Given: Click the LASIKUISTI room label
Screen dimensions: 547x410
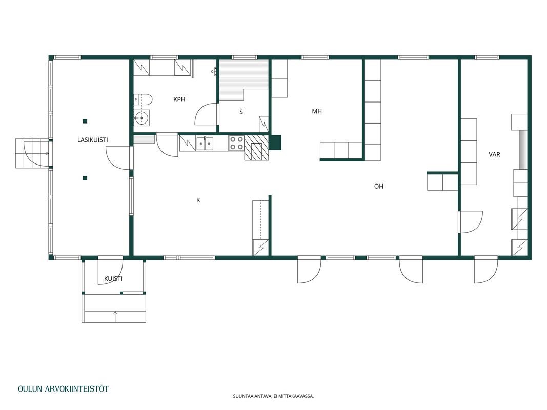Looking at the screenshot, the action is (92, 140).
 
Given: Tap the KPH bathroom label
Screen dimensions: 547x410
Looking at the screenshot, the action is (179, 99).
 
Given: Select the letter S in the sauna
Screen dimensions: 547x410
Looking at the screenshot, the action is (241, 112).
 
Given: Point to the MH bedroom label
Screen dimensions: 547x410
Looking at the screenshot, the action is (317, 111).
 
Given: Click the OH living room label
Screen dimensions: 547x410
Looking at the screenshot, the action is (378, 186).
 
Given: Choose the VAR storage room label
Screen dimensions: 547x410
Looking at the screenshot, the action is (494, 154).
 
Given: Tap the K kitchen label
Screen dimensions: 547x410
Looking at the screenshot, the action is (198, 200).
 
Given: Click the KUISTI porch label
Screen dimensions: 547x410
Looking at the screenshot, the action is (113, 279).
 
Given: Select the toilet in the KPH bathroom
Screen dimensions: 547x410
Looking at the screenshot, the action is (143, 100).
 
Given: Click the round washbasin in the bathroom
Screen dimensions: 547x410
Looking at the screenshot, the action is (141, 118).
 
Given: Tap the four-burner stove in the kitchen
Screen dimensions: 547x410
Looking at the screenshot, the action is (236, 143).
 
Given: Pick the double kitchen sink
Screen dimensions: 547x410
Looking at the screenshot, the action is (205, 143).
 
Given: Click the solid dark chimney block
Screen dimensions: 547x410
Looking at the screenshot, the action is (275, 142).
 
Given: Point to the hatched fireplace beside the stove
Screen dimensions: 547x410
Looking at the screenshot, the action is (256, 148).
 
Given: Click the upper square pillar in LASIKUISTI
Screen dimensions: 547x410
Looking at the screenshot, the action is (85, 121).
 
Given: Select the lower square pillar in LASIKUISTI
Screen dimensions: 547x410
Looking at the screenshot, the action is (85, 178).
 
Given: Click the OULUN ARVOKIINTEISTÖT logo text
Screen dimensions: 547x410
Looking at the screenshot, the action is (64, 389).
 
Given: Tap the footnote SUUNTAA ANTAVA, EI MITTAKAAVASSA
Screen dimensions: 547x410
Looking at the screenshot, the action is (274, 396).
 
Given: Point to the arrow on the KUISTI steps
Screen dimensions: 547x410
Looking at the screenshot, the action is (115, 317).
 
